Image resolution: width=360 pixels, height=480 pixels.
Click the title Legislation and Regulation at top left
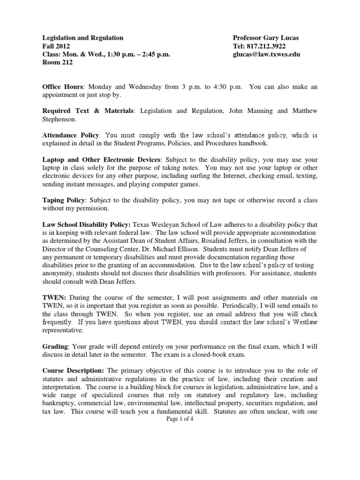[x=83, y=37]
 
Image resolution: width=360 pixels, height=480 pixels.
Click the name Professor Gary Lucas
[x=266, y=37]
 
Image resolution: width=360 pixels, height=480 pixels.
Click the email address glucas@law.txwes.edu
[x=266, y=54]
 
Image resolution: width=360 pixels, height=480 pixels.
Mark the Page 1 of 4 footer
[x=180, y=420]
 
